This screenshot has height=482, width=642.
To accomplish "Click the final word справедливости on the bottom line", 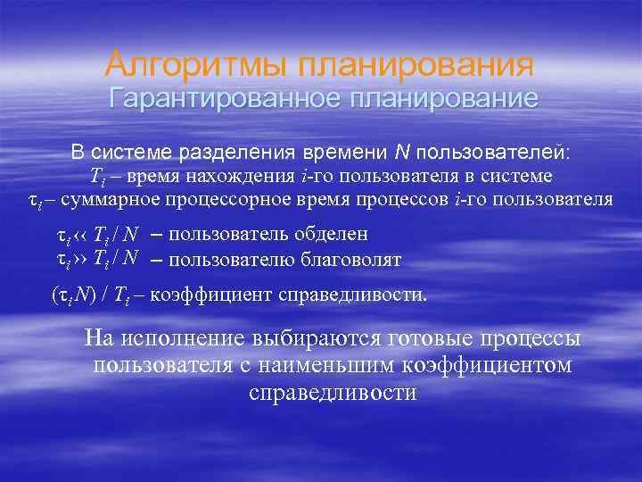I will coord(333,393).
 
